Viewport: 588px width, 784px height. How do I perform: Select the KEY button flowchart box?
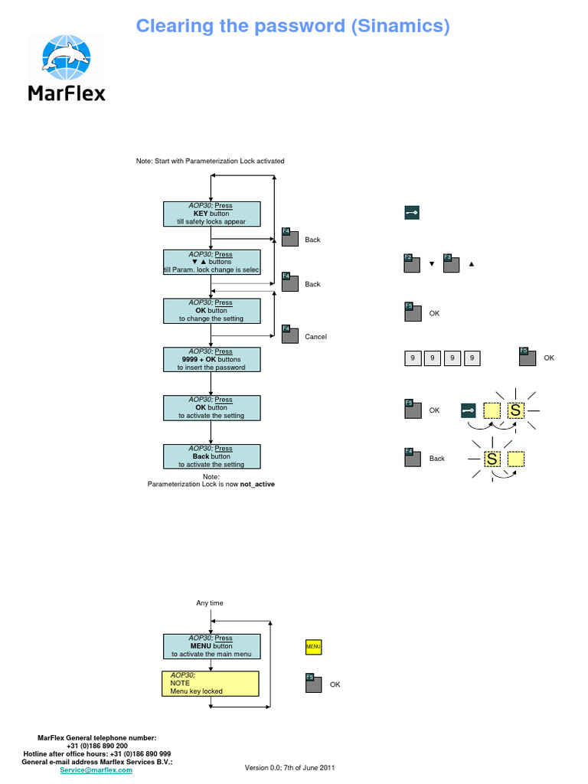212,214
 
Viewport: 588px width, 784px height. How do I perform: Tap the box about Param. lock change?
212,262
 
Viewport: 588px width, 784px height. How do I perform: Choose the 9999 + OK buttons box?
212,359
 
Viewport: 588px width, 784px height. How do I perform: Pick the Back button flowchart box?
212,456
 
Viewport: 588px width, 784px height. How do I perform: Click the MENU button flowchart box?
212,646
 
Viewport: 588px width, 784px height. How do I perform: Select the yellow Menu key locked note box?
211,683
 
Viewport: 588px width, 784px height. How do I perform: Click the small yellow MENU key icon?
313,647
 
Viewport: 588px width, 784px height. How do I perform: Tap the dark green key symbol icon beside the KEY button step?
412,214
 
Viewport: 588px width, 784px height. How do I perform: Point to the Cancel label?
315,337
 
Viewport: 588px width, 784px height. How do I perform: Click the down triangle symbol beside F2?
432,264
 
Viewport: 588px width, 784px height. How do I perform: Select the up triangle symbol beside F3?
471,264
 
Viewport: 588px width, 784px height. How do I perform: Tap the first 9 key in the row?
413,358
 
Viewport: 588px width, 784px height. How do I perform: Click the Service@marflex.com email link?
96,770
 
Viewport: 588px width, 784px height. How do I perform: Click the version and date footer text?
289,767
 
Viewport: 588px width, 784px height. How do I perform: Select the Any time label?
210,603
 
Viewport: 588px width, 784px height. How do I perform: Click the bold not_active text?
257,485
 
